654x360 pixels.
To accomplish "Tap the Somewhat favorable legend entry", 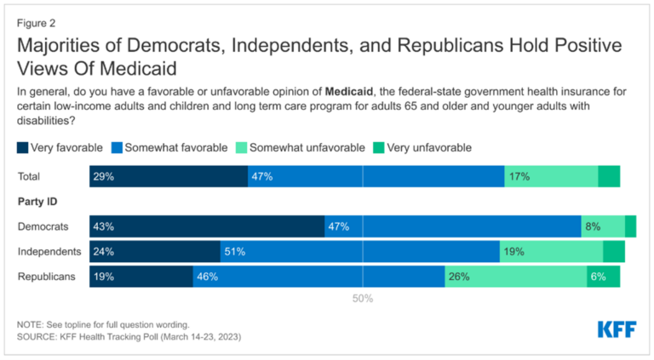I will [x=169, y=147].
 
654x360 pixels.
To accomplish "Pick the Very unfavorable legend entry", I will [x=421, y=147].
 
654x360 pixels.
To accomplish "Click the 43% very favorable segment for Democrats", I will [x=207, y=226].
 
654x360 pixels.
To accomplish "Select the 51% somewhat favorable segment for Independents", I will [x=359, y=251].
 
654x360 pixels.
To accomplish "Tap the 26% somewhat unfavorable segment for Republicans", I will [x=515, y=277].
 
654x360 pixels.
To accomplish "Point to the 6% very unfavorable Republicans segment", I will [x=603, y=277].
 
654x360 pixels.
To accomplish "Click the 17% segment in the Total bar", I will [x=551, y=176].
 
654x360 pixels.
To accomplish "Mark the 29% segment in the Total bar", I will [x=169, y=176].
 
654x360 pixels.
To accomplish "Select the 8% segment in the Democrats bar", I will [x=603, y=226].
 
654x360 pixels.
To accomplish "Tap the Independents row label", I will [x=49, y=251].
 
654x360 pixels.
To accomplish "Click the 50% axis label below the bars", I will [x=363, y=299].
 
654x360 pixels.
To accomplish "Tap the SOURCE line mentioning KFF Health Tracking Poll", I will [x=129, y=337].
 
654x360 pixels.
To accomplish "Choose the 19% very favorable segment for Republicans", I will [x=141, y=277].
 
